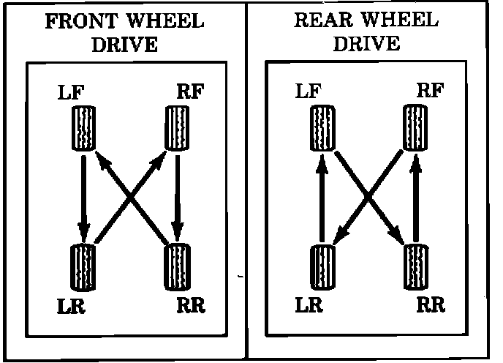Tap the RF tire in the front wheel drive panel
[x=175, y=129]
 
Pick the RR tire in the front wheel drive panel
[x=176, y=266]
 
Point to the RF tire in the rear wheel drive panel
[x=415, y=129]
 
